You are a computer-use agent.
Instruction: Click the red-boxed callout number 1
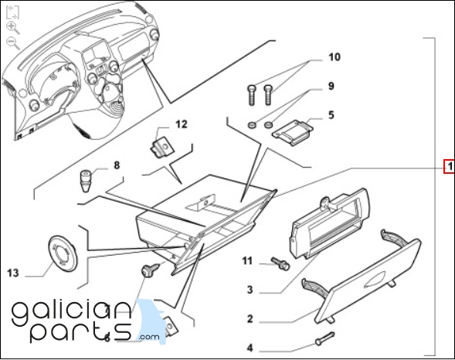[x=450, y=167]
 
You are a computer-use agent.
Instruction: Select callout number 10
[x=334, y=57]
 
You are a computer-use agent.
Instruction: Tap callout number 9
[x=331, y=87]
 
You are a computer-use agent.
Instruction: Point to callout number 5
[x=331, y=115]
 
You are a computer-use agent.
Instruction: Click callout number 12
[x=182, y=124]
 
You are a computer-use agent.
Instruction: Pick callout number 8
[x=117, y=165]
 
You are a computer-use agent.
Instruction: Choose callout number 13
[x=13, y=273]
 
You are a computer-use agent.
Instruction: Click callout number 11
[x=247, y=261]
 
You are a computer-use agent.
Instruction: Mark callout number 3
[x=250, y=290]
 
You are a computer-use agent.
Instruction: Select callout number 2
[x=250, y=319]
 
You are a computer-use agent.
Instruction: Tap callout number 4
[x=250, y=348]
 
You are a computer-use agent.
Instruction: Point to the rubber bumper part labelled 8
[x=85, y=181]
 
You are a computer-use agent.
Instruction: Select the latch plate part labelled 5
[x=293, y=132]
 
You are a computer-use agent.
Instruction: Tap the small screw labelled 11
[x=280, y=263]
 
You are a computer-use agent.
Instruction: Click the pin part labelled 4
[x=325, y=338]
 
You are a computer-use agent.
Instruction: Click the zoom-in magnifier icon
[x=13, y=28]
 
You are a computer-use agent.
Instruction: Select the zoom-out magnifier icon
[x=13, y=43]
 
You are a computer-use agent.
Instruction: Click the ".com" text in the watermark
[x=149, y=337]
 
